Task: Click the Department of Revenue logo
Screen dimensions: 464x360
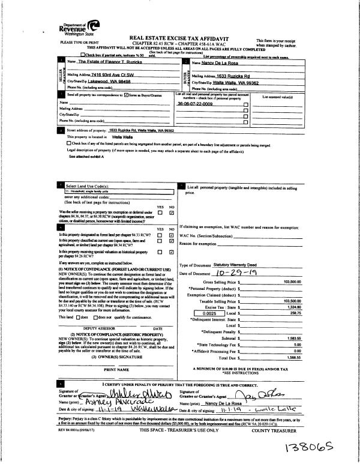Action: pyautogui.click(x=77, y=28)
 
